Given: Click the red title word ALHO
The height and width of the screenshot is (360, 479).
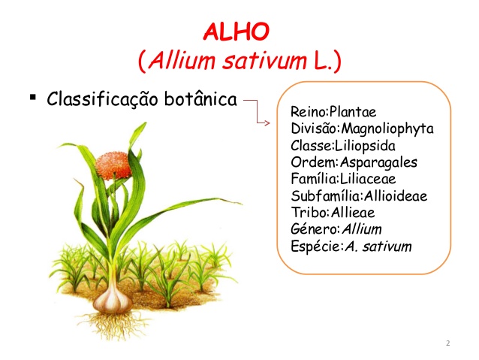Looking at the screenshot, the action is (x=236, y=32).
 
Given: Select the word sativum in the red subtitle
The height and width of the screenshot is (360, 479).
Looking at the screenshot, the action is (x=264, y=61).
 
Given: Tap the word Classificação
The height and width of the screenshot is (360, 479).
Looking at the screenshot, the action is (x=102, y=99).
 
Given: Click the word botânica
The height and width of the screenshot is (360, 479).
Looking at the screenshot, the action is (x=200, y=98).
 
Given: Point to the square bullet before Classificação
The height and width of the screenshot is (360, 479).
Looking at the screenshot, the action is (x=33, y=98).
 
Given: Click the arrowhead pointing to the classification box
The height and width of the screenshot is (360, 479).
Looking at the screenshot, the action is (x=267, y=123).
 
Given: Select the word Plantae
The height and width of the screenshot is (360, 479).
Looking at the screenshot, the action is (x=353, y=112).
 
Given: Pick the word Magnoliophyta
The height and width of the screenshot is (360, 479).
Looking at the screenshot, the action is (x=387, y=129).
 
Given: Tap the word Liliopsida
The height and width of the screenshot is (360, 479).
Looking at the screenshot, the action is (x=365, y=146).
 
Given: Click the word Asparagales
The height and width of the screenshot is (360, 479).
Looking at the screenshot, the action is (x=378, y=162).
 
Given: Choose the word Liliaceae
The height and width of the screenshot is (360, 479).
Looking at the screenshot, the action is (x=367, y=179).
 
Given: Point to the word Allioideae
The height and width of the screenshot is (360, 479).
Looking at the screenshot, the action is (x=396, y=195).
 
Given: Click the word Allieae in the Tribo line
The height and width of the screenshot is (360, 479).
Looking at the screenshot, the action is (x=353, y=212).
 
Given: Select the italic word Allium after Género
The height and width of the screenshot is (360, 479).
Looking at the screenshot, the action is (x=362, y=228).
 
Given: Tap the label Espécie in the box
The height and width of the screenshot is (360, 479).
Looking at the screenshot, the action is (x=316, y=247).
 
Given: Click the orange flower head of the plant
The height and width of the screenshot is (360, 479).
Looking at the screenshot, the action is (x=113, y=166).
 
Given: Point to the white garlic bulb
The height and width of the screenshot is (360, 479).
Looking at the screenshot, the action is (x=113, y=301).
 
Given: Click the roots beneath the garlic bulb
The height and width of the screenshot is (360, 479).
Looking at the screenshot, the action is (x=113, y=325).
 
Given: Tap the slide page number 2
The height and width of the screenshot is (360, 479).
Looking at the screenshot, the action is (x=447, y=343).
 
